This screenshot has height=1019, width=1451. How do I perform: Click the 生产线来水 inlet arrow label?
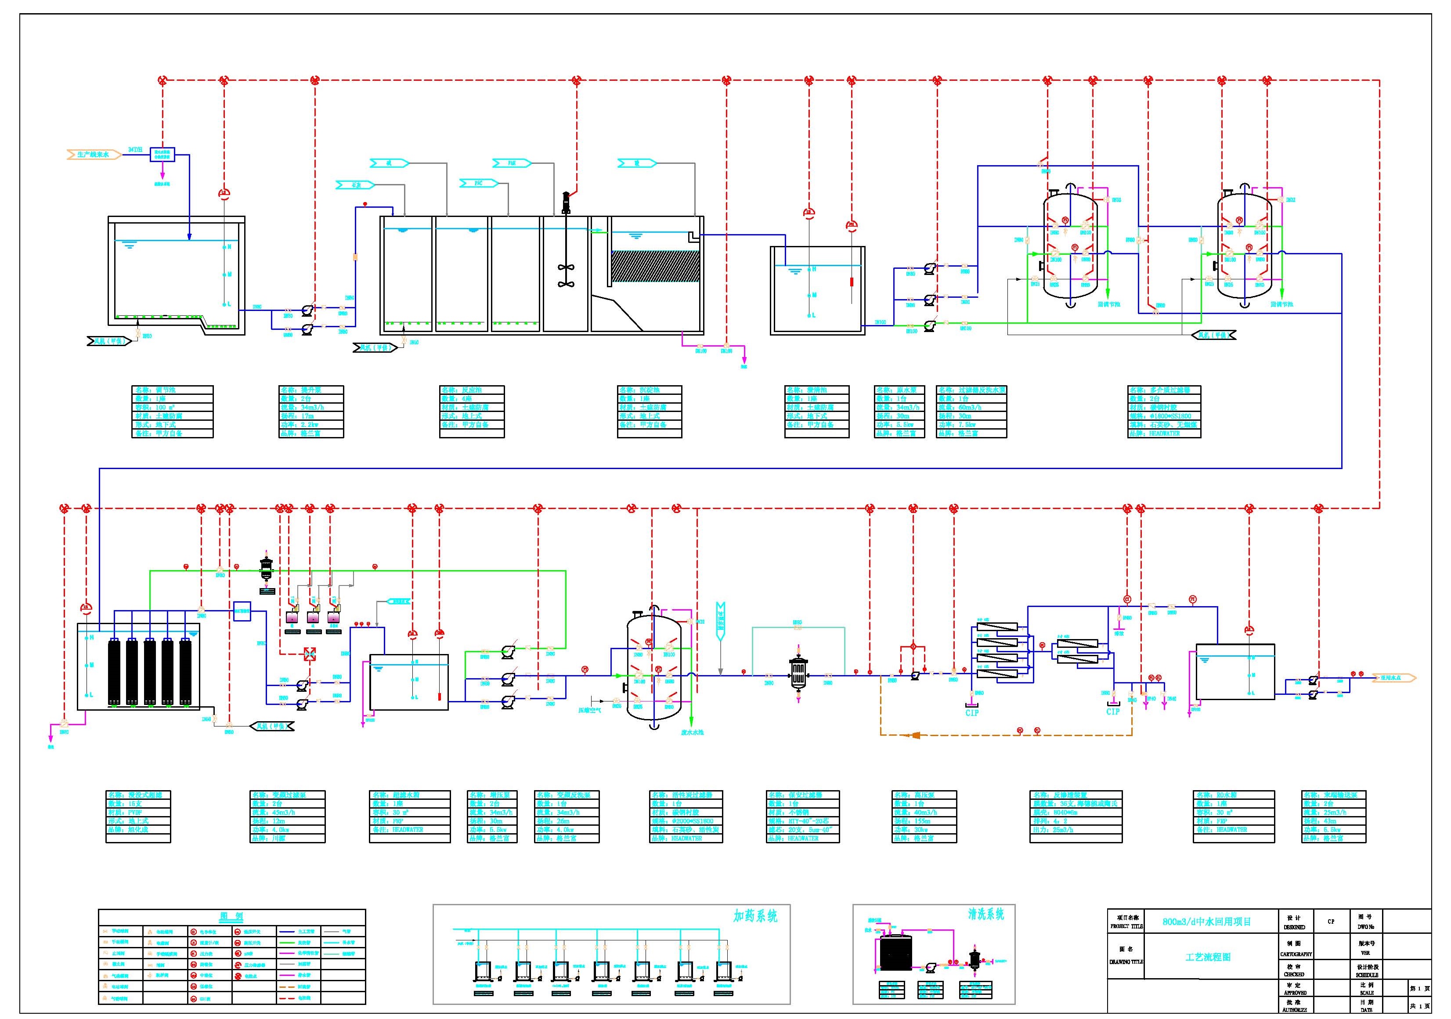click(x=94, y=154)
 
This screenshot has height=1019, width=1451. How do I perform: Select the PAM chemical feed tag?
click(x=512, y=163)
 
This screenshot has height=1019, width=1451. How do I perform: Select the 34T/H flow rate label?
click(x=135, y=150)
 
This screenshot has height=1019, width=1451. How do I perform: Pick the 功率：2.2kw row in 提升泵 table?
click(x=311, y=425)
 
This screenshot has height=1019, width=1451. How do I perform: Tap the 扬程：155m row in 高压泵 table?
click(x=924, y=821)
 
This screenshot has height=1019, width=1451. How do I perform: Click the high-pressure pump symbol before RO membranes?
click(x=914, y=675)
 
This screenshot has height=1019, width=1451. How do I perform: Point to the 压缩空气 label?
click(x=590, y=710)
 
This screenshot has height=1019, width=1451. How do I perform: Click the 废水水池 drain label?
click(x=692, y=732)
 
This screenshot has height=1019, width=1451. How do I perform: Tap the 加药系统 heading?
click(x=755, y=916)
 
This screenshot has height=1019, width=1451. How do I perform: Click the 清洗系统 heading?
click(x=986, y=914)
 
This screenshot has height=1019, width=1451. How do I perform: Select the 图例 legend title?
click(x=231, y=917)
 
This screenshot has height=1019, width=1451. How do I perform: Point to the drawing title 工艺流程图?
click(x=1208, y=957)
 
